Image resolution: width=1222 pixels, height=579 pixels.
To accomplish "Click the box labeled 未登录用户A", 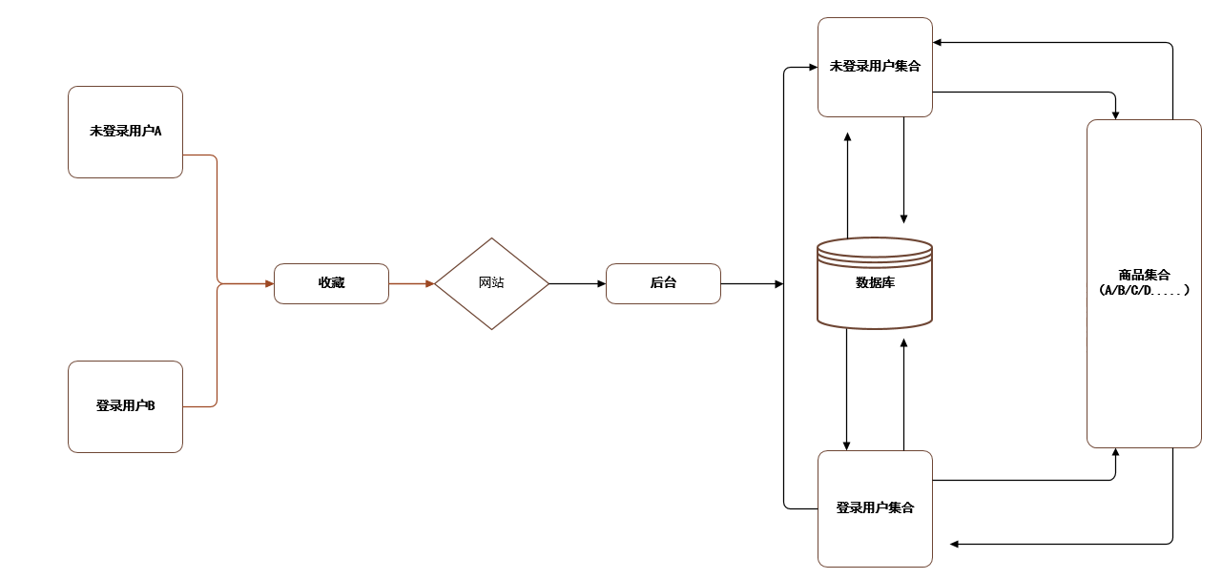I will pos(125,132).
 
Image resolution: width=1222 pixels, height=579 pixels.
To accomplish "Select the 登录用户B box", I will pos(125,406).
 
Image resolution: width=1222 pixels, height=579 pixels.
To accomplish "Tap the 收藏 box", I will pos(331,283).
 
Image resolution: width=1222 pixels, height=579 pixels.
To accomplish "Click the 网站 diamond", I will pos(491,283).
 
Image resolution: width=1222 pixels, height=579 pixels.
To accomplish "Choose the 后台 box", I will pos(663,283).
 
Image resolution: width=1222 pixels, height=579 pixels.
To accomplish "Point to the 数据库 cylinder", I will pos(875,283).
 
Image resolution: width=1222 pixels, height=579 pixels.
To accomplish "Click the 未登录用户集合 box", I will pos(875,67).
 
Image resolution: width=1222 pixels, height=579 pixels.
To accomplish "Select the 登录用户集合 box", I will pos(875,508).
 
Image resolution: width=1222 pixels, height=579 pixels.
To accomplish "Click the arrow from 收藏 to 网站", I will pos(411,283).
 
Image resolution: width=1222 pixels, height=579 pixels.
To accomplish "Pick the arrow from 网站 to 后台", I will pos(577,283).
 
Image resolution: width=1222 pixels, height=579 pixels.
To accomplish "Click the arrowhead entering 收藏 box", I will pos(269,283).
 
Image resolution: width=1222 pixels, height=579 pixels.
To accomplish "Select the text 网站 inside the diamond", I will pos(491,283).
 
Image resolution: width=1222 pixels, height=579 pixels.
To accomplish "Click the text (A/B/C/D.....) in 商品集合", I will pos(1144,289).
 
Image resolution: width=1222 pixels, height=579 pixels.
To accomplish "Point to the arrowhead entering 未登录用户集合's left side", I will pos(813,68).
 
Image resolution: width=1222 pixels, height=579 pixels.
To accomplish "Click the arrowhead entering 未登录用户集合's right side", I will pos(938,43).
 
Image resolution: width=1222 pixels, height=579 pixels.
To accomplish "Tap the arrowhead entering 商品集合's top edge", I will pos(1115,114).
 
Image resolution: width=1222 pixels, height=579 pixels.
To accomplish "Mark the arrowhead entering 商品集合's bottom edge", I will pos(1115,452).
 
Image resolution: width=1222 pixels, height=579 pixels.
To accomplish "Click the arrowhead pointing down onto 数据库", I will pos(903,218).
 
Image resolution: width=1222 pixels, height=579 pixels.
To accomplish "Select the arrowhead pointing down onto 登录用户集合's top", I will pos(846,445).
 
